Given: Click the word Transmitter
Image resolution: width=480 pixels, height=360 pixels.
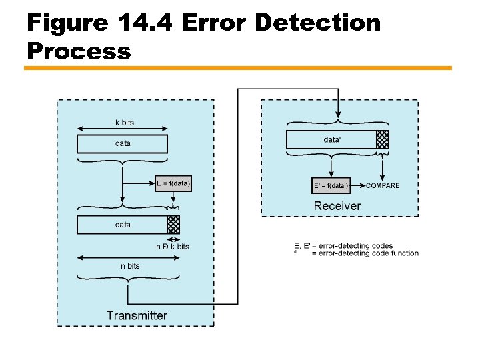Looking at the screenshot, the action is (137, 315).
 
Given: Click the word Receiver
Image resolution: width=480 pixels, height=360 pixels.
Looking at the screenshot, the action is (337, 206).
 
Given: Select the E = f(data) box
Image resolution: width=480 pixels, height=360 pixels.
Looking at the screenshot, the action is (173, 183).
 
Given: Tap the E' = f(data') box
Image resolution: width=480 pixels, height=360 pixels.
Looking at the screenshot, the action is (331, 185).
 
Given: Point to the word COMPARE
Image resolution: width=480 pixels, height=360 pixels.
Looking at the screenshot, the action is (383, 185).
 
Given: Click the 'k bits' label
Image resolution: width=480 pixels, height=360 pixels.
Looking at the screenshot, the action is (125, 123).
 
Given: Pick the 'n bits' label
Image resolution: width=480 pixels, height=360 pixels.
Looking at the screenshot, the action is (130, 266).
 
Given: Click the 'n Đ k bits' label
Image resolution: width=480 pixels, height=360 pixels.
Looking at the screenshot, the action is (173, 247).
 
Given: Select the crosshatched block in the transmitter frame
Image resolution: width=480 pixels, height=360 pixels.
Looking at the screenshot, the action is (173, 225).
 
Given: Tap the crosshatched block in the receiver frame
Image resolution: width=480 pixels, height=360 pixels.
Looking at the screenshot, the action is (383, 139).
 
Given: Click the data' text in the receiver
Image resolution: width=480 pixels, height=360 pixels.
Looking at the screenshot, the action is (332, 139).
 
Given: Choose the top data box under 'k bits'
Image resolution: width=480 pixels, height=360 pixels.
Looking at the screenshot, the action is (123, 144).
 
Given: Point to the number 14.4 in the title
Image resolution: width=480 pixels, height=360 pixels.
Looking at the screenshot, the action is (145, 23).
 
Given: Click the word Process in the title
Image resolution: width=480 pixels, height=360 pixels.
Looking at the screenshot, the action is (79, 51).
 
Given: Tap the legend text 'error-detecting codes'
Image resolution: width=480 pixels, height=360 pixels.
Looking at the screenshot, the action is (356, 246).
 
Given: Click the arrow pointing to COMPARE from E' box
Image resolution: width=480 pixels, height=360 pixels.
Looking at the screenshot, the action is (358, 185).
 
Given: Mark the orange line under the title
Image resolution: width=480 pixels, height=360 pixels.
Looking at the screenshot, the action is (238, 68).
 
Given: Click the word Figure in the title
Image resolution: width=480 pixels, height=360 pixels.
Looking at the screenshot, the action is (67, 23).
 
